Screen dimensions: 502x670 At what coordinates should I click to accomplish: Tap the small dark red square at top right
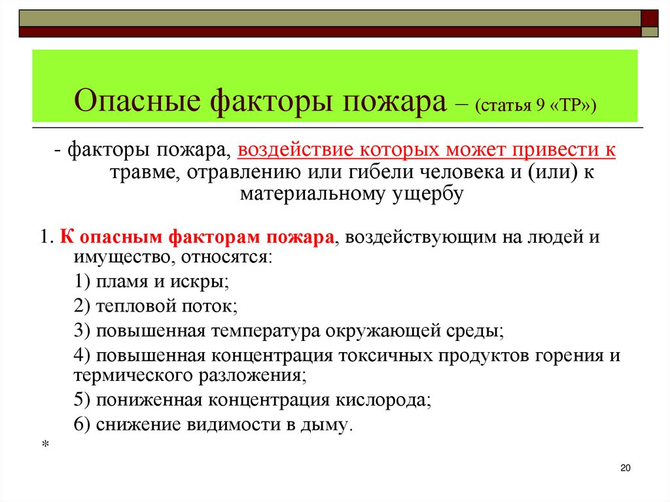[650, 16]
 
